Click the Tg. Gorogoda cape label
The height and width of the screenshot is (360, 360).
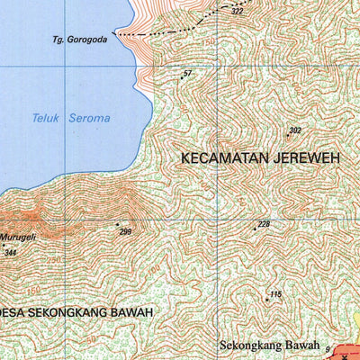[78, 39]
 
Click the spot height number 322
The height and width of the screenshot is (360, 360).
[237, 12]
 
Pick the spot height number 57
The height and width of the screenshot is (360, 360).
[187, 74]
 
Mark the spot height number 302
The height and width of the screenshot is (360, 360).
[294, 130]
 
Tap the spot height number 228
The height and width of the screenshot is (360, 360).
[264, 224]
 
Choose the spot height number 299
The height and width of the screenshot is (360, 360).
[125, 231]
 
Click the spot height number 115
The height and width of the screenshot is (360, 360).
[275, 295]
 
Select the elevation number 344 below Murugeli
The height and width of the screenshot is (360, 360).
[10, 253]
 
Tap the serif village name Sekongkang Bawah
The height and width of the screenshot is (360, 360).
[271, 344]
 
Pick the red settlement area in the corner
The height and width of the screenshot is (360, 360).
[346, 352]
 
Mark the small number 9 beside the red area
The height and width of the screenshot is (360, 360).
[328, 347]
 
